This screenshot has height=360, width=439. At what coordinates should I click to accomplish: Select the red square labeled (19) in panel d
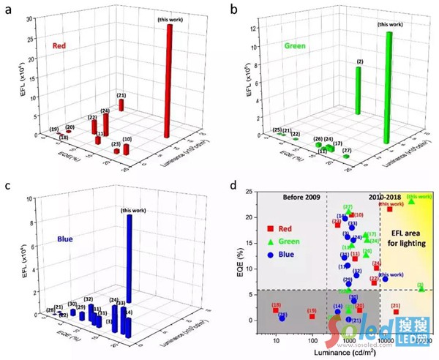(x=312, y=316)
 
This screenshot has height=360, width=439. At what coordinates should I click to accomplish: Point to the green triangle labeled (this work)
(x=411, y=201)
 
